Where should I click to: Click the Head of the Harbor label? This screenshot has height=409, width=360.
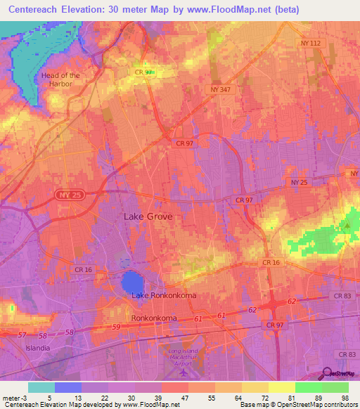(61, 79)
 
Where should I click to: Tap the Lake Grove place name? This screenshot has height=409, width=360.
(148, 217)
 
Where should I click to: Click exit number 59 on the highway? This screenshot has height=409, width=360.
(115, 327)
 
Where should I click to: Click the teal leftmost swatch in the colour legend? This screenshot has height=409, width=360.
(41, 387)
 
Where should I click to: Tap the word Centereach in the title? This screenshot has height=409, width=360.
(37, 9)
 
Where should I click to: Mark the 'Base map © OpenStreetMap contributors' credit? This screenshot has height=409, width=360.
(298, 405)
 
